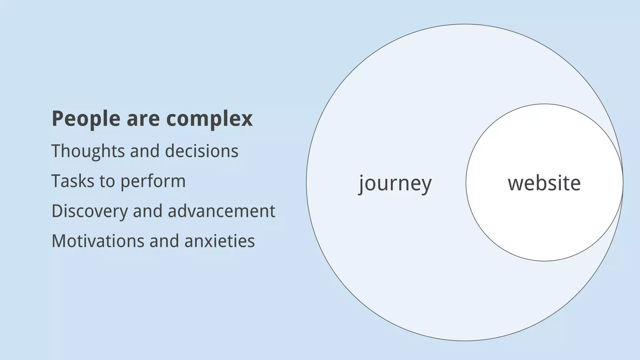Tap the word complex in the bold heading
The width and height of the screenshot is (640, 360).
click(209, 119)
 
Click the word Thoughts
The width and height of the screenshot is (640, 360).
click(88, 151)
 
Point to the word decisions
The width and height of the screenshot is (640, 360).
click(202, 151)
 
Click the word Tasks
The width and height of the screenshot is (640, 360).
click(72, 181)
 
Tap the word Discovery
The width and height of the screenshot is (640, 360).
click(90, 211)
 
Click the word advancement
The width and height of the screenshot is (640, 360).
click(222, 211)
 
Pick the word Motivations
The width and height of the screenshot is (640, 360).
click(97, 241)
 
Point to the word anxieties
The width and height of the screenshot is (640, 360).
click(220, 241)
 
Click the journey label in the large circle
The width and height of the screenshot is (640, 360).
click(395, 183)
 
